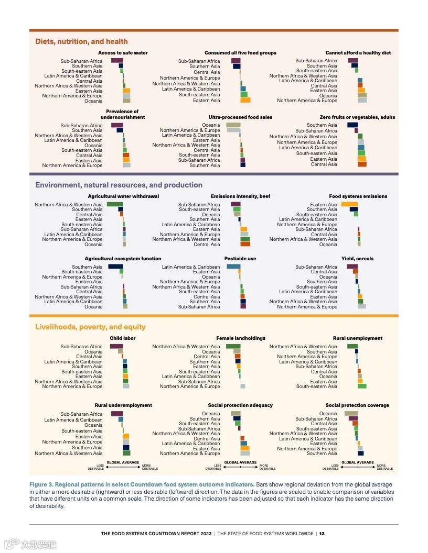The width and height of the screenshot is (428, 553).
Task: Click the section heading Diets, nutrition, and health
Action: click(81, 41)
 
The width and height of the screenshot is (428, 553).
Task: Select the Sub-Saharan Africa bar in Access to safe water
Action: click(116, 61)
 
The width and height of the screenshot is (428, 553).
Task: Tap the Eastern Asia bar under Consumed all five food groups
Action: click(245, 100)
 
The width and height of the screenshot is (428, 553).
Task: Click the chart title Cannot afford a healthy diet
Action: click(358, 53)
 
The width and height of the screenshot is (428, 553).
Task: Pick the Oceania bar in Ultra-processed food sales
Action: click(233, 125)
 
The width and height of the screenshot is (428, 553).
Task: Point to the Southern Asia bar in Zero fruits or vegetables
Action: click(352, 125)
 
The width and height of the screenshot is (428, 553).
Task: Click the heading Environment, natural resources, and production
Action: click(119, 185)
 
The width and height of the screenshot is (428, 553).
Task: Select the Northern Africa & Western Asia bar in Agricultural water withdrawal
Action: click(114, 204)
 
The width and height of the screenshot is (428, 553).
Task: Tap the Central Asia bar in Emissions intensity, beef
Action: click(245, 244)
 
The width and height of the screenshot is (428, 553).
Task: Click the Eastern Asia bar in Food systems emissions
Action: click(349, 204)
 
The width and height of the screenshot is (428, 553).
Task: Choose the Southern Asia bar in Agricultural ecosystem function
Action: click(115, 267)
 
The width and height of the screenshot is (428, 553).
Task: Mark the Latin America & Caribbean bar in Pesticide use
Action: click(233, 267)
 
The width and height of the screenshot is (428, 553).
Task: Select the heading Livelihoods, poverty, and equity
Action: click(90, 327)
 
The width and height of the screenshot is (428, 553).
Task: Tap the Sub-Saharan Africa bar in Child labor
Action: click(116, 346)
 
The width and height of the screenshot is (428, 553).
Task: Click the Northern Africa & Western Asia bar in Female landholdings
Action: click(233, 346)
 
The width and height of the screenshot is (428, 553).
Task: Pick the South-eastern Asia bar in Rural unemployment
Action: click(362, 386)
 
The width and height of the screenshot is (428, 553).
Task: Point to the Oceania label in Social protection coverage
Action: click(328, 414)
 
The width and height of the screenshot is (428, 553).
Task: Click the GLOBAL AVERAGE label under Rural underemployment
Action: click(123, 462)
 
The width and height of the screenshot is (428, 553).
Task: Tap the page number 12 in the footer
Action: click(322, 534)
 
